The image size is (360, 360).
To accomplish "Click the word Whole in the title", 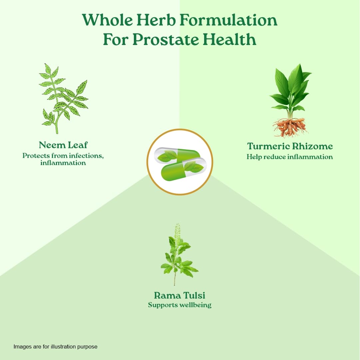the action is pyautogui.click(x=108, y=20).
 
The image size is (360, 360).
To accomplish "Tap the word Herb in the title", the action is pyautogui.click(x=156, y=20).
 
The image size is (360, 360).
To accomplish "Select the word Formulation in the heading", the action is pyautogui.click(x=228, y=20).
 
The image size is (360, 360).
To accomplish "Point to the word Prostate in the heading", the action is pyautogui.click(x=166, y=40).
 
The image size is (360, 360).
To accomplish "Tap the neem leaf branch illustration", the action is pyautogui.click(x=64, y=99).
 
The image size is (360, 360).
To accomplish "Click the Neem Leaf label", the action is pyautogui.click(x=63, y=145).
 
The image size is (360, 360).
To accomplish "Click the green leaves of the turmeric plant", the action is pyautogui.click(x=290, y=90).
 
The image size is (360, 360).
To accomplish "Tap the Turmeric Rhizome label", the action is pyautogui.click(x=290, y=146).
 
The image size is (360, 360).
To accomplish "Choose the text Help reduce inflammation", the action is pyautogui.click(x=290, y=157).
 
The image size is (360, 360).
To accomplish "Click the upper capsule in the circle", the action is pyautogui.click(x=177, y=154).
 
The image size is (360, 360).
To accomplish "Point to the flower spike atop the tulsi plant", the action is pyautogui.click(x=177, y=232).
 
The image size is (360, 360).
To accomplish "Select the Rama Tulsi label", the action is pyautogui.click(x=180, y=295).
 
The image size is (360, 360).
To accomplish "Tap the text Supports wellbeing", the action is pyautogui.click(x=180, y=305).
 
